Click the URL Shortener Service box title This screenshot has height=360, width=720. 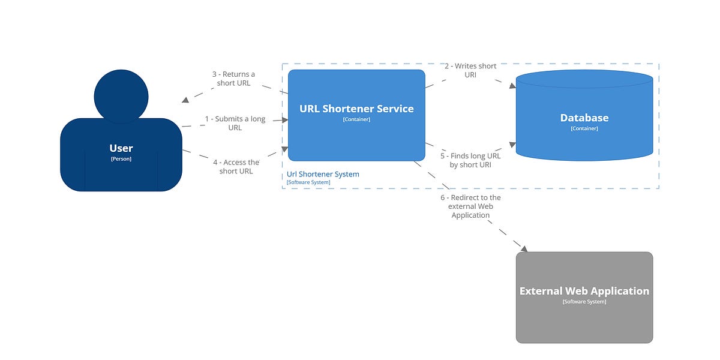click(356, 109)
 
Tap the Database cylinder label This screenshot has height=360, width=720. click(584, 118)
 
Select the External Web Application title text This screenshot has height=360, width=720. click(584, 291)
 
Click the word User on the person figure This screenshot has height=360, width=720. click(121, 148)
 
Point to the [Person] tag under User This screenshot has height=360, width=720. click(121, 159)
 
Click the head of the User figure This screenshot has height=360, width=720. click(121, 96)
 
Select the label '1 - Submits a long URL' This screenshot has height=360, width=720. click(235, 123)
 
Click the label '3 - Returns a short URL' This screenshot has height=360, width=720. click(233, 79)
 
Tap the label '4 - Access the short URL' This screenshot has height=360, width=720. click(236, 166)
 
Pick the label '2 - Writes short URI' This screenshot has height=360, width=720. click(470, 70)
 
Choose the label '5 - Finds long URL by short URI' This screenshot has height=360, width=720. click(470, 160)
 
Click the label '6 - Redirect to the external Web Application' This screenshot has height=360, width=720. click(470, 206)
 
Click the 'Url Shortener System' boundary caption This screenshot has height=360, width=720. click(323, 174)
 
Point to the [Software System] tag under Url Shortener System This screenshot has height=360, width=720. click(308, 182)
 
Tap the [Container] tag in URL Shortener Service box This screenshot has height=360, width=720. click(356, 119)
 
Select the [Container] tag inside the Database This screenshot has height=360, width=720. click(584, 128)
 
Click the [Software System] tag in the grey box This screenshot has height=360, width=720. click(584, 302)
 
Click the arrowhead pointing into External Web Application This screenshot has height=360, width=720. click(523, 248)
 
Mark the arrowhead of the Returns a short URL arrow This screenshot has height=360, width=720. click(186, 100)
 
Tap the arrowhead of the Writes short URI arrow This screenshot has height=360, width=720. click(512, 86)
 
